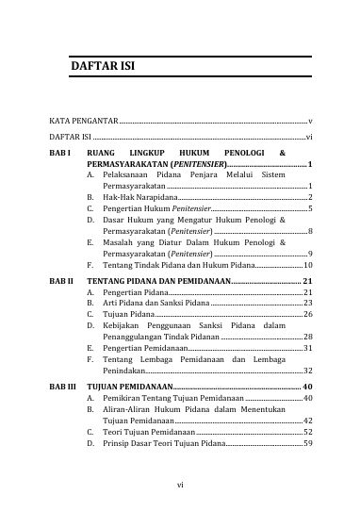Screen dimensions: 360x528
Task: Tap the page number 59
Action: coord(307,443)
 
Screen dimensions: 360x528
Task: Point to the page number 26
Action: coord(307,314)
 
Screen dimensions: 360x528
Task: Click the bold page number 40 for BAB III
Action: coord(307,387)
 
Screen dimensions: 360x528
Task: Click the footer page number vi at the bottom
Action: coord(180,486)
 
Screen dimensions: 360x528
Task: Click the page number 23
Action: coord(307,304)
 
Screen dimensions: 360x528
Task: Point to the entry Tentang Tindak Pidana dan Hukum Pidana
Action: coord(175,266)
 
